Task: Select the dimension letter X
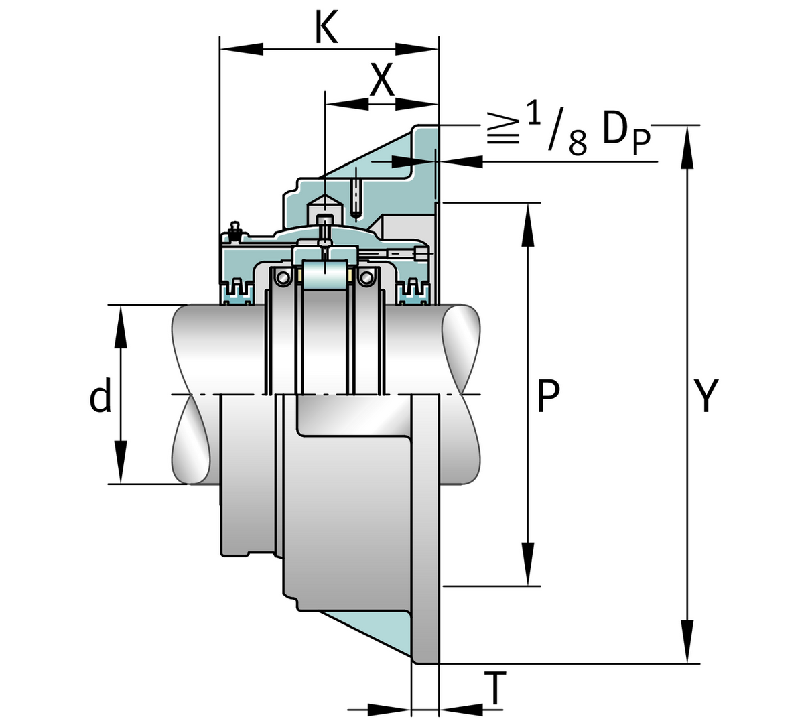pyautogui.click(x=382, y=81)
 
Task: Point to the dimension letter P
pyautogui.click(x=548, y=396)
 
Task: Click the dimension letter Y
pyautogui.click(x=706, y=396)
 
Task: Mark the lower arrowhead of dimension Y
pyautogui.click(x=687, y=643)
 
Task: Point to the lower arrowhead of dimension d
pyautogui.click(x=121, y=462)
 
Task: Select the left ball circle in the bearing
pyautogui.click(x=283, y=277)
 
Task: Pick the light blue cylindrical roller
pyautogui.click(x=324, y=276)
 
